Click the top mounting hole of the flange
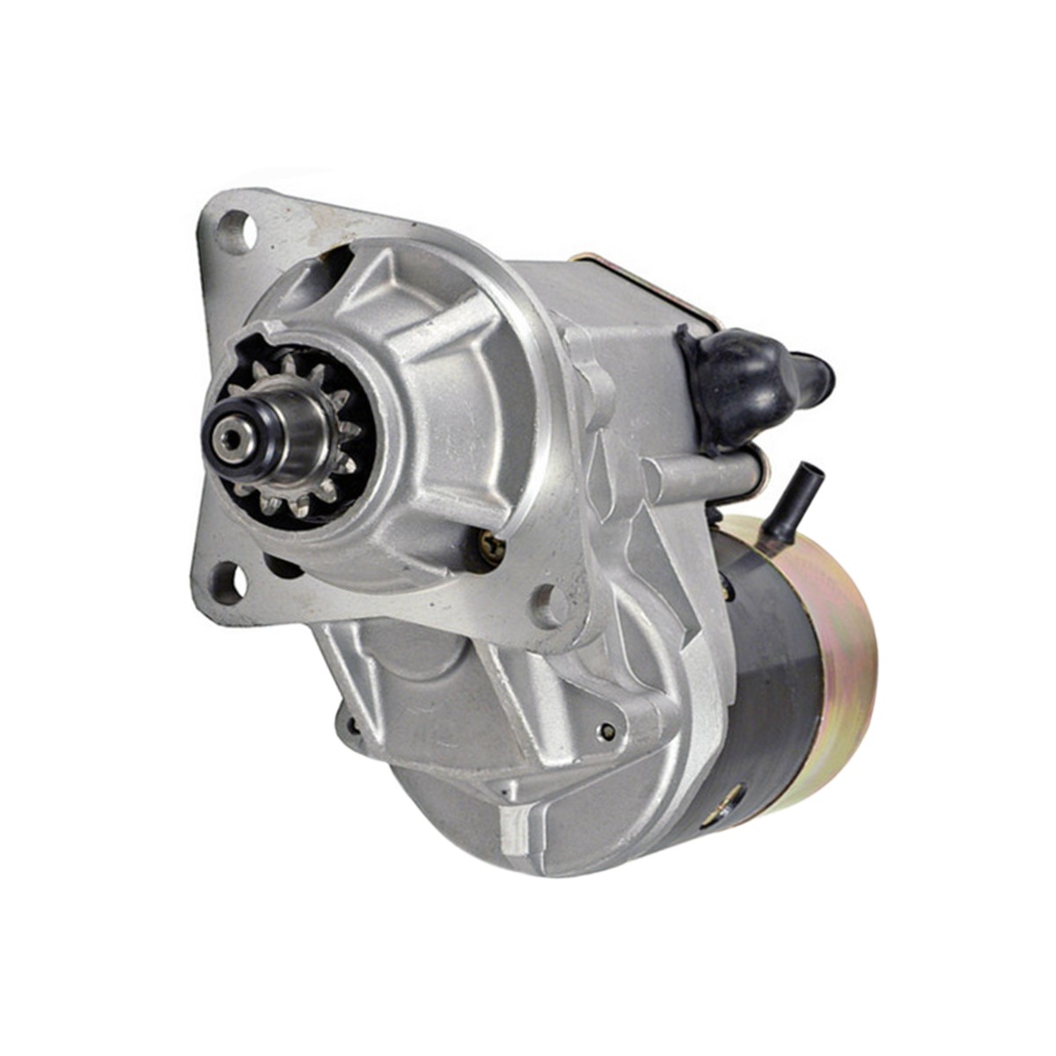pos(235,231)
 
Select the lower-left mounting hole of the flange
pos(228,581)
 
